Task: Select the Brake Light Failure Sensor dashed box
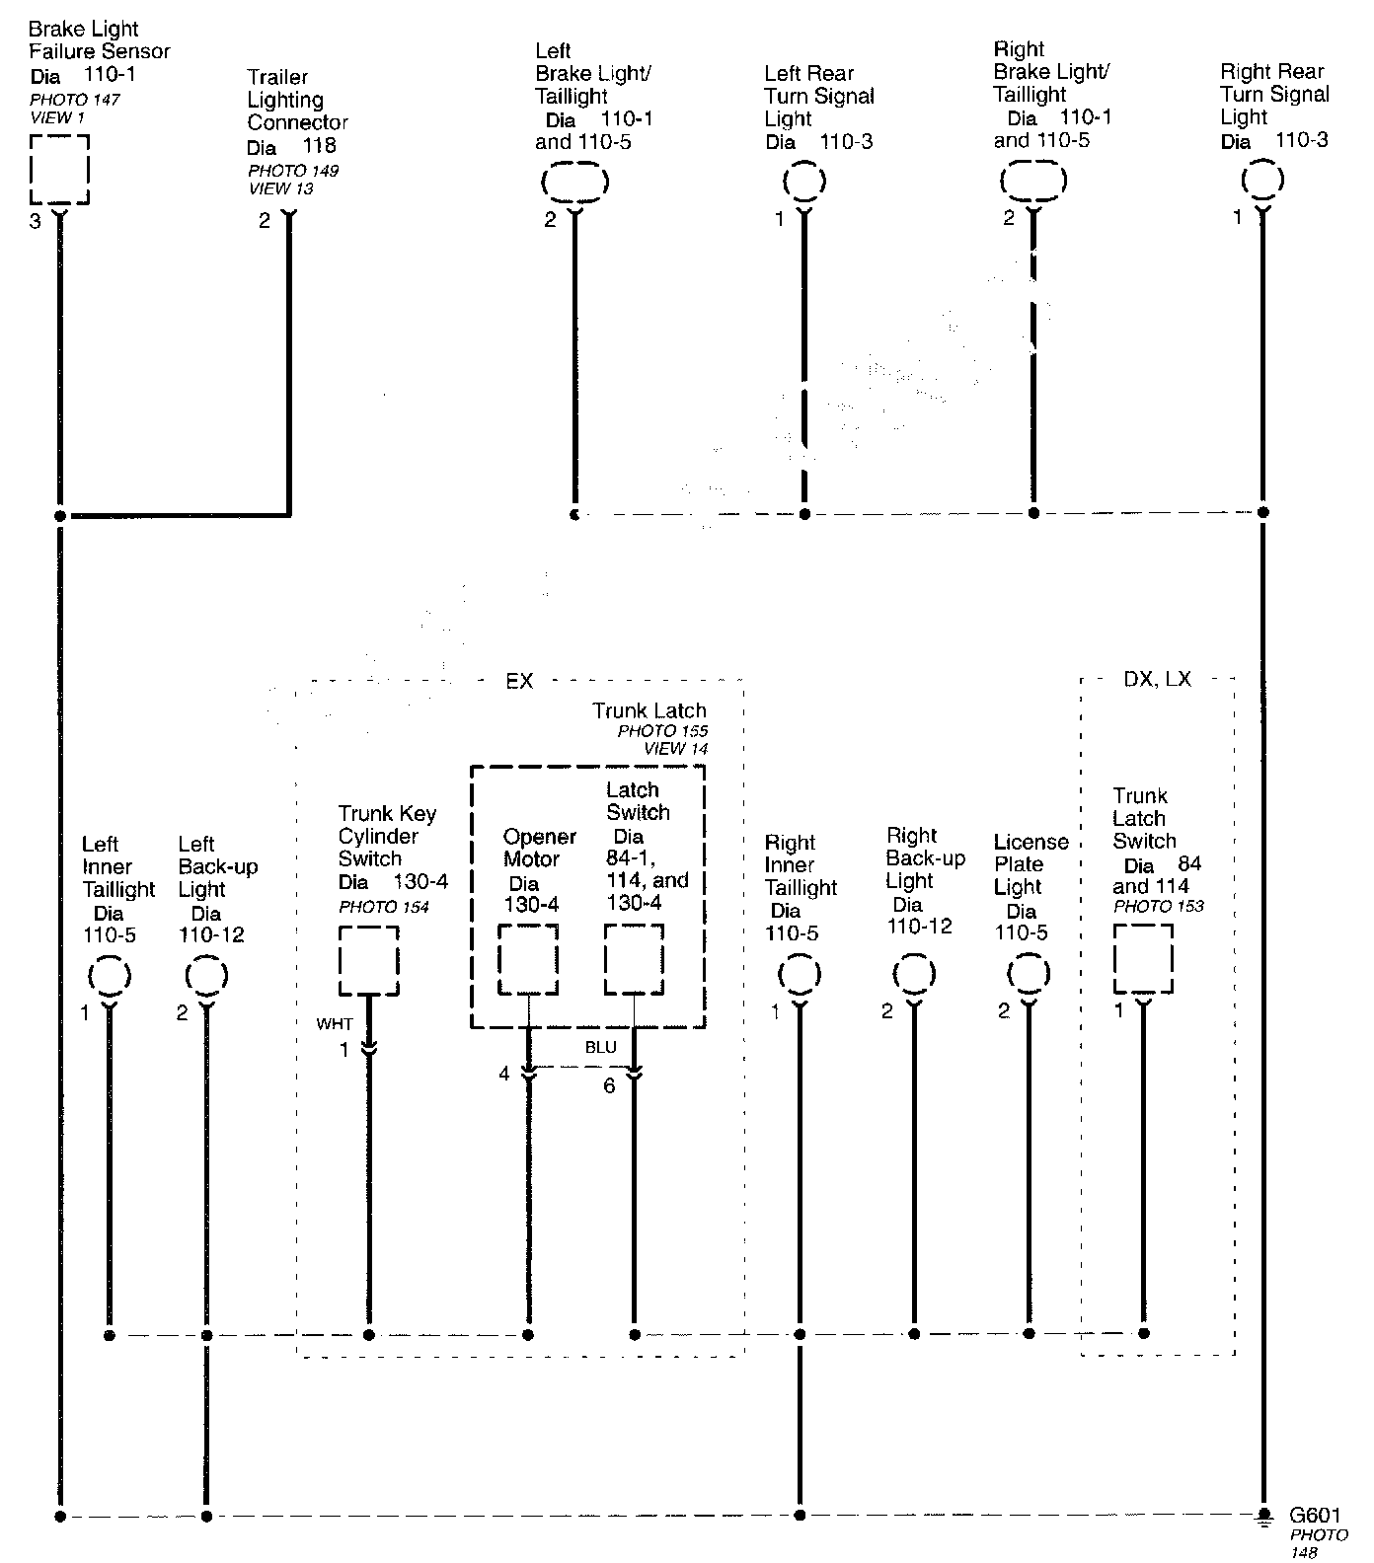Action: (59, 170)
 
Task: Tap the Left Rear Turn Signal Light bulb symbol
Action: (804, 182)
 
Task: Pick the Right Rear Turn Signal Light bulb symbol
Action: (1262, 181)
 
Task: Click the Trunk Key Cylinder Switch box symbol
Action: (369, 960)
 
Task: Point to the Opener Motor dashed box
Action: (528, 959)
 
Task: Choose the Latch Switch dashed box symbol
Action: (634, 959)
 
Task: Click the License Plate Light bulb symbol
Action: (1029, 975)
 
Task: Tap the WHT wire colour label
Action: (334, 1024)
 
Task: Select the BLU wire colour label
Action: (600, 1048)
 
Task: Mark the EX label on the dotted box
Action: (519, 682)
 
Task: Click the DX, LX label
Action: (1157, 680)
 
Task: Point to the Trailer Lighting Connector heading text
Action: (297, 100)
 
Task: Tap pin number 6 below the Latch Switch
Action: (609, 1085)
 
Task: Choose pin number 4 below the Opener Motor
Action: (504, 1074)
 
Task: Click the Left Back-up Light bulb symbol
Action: (206, 976)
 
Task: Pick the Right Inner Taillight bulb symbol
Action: (800, 975)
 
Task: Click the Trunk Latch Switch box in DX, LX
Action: (1143, 958)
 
